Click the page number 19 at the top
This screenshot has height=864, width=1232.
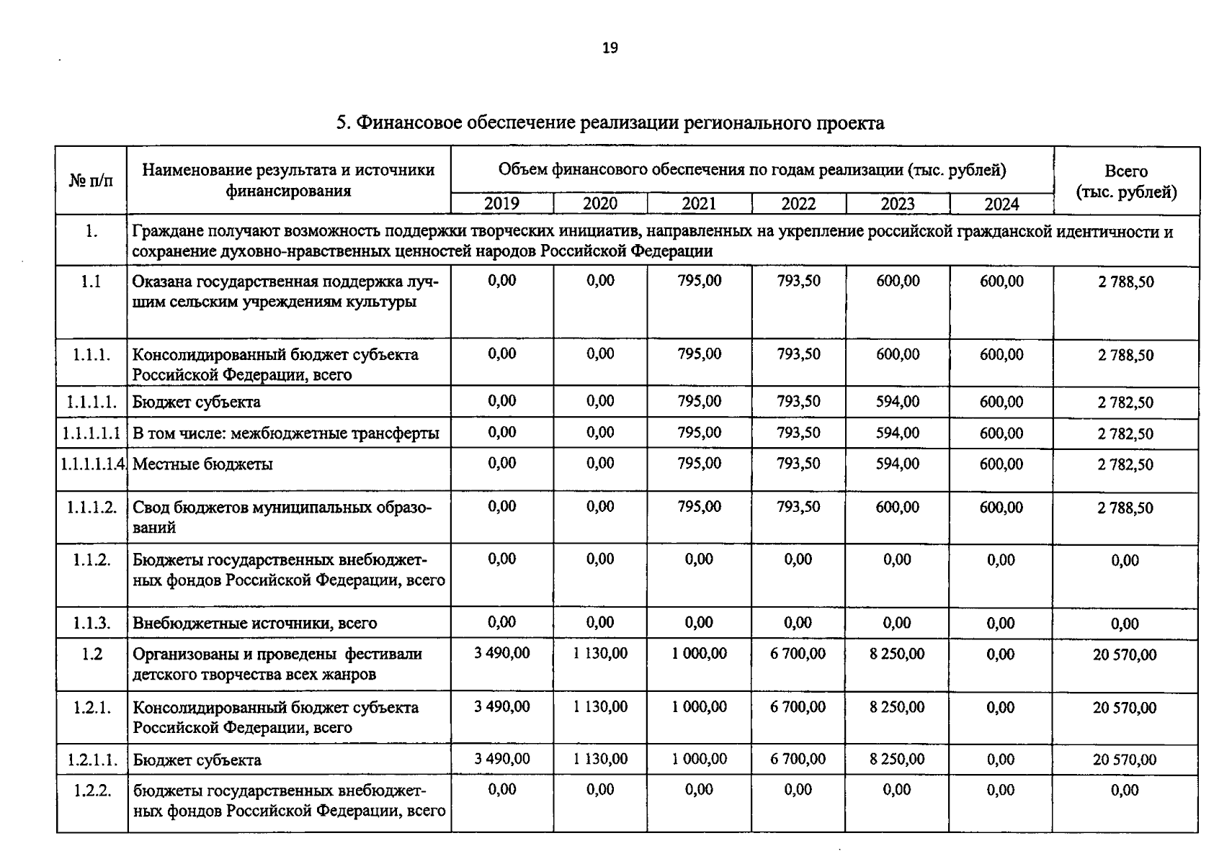pyautogui.click(x=610, y=48)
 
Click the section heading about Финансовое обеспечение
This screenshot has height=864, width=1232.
pyautogui.click(x=610, y=123)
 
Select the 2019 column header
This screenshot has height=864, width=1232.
pyautogui.click(x=501, y=204)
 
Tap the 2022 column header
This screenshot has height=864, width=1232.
pyautogui.click(x=798, y=204)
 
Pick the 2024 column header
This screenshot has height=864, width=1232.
pyautogui.click(x=1001, y=204)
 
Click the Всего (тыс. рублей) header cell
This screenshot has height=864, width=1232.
pyautogui.click(x=1126, y=181)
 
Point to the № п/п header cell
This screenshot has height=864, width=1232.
pyautogui.click(x=91, y=180)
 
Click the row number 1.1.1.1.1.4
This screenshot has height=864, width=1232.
pyautogui.click(x=93, y=464)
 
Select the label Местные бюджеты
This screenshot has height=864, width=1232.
pyautogui.click(x=202, y=464)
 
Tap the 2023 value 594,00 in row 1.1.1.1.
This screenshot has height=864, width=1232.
pyautogui.click(x=897, y=402)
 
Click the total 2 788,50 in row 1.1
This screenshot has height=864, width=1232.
pyautogui.click(x=1125, y=282)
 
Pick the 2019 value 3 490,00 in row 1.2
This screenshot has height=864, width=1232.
pyautogui.click(x=501, y=654)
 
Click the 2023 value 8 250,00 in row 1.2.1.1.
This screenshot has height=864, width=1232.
pyautogui.click(x=897, y=760)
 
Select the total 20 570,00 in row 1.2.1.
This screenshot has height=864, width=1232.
pyautogui.click(x=1124, y=708)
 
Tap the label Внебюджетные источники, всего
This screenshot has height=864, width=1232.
pyautogui.click(x=254, y=624)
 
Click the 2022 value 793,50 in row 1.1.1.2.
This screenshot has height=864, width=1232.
pyautogui.click(x=798, y=507)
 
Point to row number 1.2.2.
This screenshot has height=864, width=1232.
pyautogui.click(x=92, y=791)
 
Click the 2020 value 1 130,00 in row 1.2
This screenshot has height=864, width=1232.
pyautogui.click(x=600, y=654)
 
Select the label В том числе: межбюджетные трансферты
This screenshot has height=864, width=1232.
pyautogui.click(x=285, y=433)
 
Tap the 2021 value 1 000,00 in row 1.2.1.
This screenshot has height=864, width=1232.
pyautogui.click(x=699, y=707)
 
